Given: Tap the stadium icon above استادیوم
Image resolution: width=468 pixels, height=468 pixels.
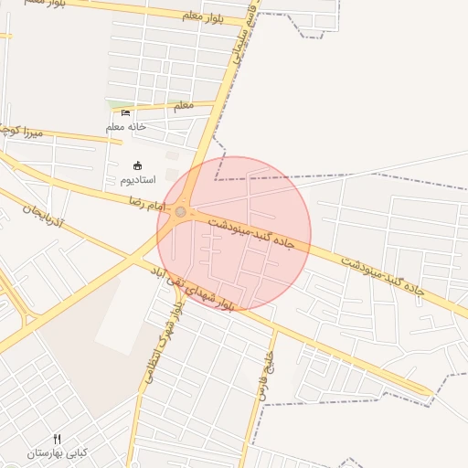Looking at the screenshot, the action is (x=138, y=165).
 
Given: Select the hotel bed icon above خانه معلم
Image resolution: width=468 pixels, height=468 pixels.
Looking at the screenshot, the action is (x=126, y=112).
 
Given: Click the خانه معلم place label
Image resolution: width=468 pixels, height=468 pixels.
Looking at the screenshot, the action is (x=126, y=127).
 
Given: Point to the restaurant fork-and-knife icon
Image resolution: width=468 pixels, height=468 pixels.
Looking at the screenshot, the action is (x=57, y=439).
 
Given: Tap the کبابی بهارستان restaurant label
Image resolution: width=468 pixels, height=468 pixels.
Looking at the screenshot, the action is (x=57, y=453).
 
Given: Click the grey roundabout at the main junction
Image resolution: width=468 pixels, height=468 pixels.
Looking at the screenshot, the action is (x=181, y=212).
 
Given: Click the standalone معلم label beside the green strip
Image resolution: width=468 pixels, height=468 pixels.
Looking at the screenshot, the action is (x=184, y=105).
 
